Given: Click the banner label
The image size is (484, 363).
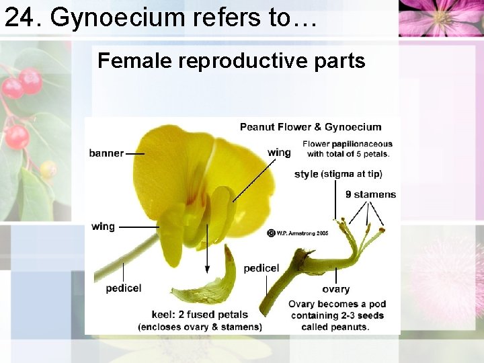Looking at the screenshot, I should [x=106, y=153].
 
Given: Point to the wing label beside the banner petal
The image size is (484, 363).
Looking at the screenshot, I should [x=279, y=153].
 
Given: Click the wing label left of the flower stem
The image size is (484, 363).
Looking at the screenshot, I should [x=103, y=227].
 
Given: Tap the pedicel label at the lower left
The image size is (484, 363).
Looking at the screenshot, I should [x=124, y=288].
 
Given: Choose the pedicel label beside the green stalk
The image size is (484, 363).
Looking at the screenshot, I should [x=261, y=268].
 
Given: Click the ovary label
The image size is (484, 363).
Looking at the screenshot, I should [x=335, y=289].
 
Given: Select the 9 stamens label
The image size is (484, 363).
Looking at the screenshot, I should [x=370, y=194].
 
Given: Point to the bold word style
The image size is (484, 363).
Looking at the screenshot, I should [x=306, y=174].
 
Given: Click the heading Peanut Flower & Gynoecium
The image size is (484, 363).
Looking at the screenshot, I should [x=311, y=127].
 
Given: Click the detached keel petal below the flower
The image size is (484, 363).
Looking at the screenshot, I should [x=208, y=286].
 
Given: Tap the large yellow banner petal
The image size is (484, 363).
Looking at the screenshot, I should [x=168, y=168].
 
